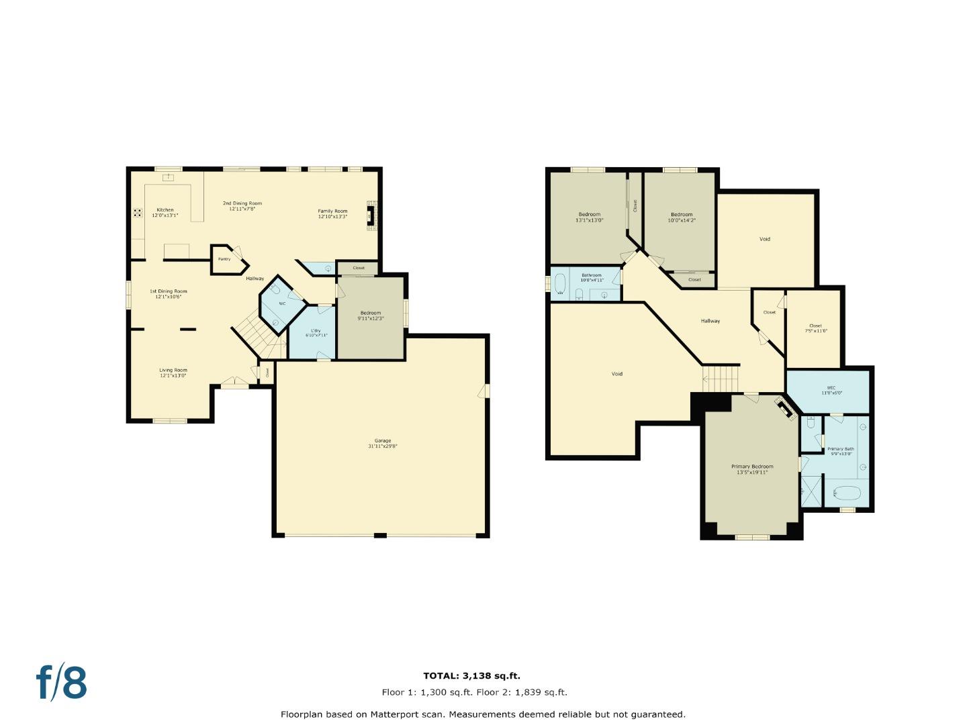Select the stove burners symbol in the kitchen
138,213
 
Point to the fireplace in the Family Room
371,215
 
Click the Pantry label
224,259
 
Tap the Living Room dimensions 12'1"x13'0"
173,376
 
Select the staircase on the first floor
257,336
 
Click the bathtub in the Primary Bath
843,494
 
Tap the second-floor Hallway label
710,321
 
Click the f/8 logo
61,683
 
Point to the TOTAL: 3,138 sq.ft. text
471,676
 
